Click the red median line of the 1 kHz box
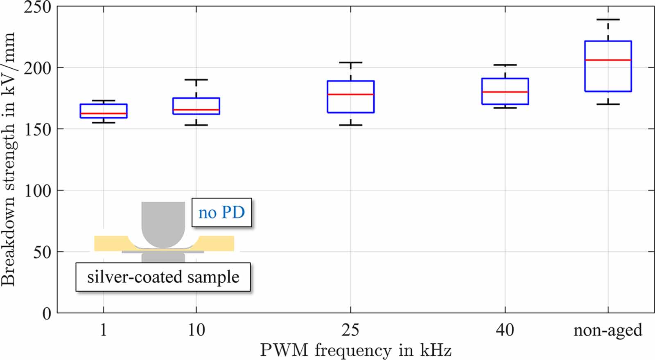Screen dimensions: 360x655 click(103, 113)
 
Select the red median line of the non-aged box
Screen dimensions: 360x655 click(608, 60)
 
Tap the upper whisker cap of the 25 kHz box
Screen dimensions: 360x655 click(350, 63)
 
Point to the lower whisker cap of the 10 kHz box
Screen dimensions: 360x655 click(196, 125)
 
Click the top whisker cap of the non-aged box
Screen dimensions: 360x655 click(608, 20)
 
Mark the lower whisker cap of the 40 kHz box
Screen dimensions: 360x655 click(505, 108)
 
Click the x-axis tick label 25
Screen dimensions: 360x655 click(350, 330)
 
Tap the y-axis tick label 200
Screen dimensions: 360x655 click(37, 68)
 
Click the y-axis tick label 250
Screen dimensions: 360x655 click(37, 7)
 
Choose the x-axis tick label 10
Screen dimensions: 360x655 click(196, 330)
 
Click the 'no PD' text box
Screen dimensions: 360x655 click(221, 213)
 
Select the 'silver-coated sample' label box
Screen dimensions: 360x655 click(163, 277)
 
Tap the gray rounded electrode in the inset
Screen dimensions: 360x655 click(163, 225)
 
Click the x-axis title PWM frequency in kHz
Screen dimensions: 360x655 click(355, 351)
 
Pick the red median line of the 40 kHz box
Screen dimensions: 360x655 click(505, 92)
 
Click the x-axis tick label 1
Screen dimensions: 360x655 click(103, 330)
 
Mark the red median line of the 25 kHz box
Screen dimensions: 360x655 click(350, 94)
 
